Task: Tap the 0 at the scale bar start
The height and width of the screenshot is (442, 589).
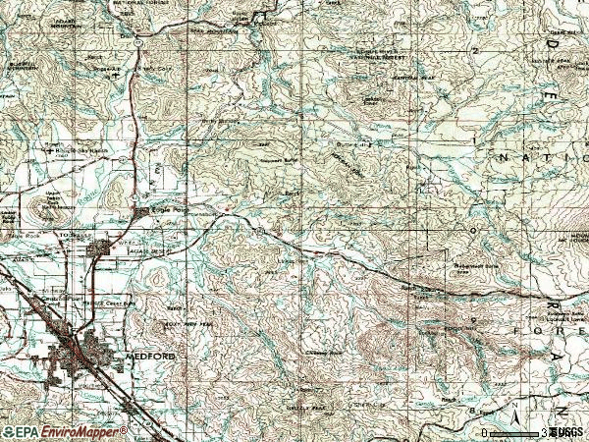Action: coord(486,432)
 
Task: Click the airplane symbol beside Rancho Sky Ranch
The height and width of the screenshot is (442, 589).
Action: coord(47,150)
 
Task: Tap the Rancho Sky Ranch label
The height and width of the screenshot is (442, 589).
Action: coord(75,150)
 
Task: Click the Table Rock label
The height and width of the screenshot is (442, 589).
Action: coord(51,208)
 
